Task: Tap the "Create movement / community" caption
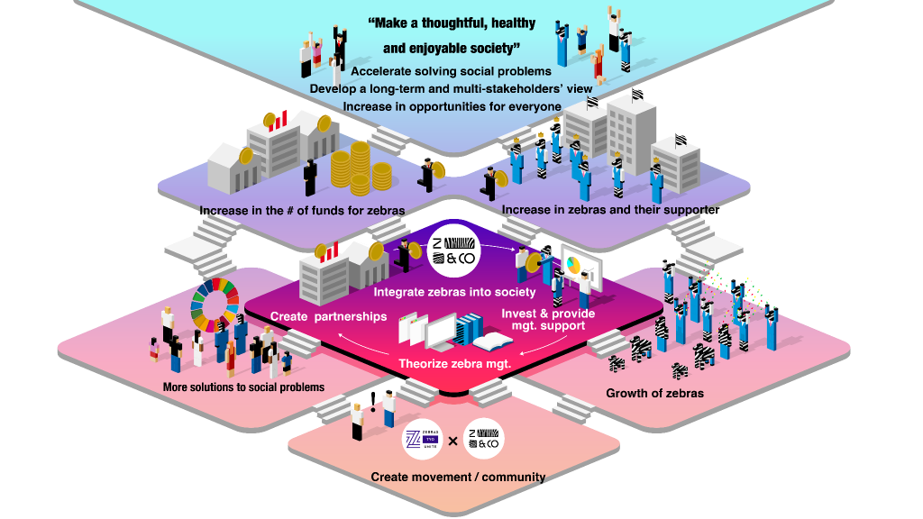(x=458, y=477)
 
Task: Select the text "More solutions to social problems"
(x=243, y=387)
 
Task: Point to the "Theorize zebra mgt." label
(x=455, y=364)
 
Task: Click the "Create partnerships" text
(x=328, y=316)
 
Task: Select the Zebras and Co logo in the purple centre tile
(x=454, y=251)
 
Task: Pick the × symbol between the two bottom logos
(x=453, y=442)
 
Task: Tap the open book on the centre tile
(x=493, y=341)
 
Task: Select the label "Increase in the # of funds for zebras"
(x=302, y=211)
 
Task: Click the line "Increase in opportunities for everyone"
(x=452, y=106)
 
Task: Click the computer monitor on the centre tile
(x=442, y=335)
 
